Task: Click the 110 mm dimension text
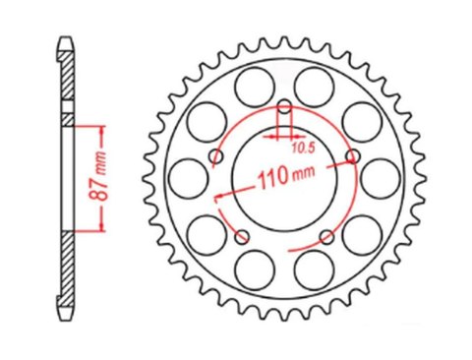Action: coord(284,179)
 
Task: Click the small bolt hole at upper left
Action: coord(215,155)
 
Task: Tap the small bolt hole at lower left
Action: coord(242,235)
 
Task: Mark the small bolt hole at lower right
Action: coord(326,235)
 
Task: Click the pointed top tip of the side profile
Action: coord(65,39)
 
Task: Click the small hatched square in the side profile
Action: coord(66,119)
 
